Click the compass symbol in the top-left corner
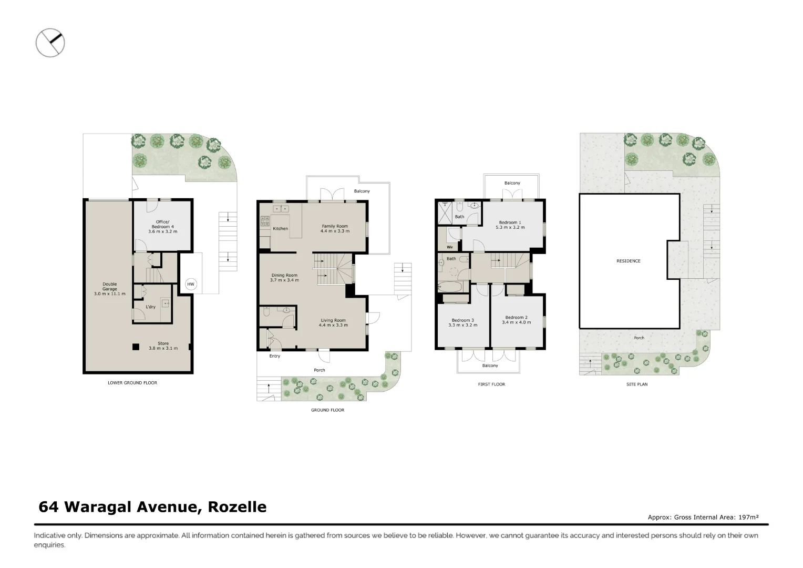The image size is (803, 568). [50, 42]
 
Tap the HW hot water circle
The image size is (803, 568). [191, 285]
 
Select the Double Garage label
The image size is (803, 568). [110, 289]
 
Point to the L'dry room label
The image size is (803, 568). [150, 307]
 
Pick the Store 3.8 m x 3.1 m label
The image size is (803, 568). [163, 346]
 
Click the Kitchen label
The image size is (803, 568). [280, 229]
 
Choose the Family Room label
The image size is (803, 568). [335, 228]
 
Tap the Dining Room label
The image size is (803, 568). [284, 278]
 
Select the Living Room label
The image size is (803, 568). [333, 322]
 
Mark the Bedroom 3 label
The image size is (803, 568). [462, 322]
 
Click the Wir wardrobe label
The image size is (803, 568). [450, 247]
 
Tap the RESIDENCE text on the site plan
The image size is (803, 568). [628, 261]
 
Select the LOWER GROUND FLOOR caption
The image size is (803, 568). [132, 383]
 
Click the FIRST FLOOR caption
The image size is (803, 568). [491, 384]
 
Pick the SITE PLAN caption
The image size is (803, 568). [637, 384]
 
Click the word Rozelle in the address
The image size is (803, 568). [237, 507]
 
